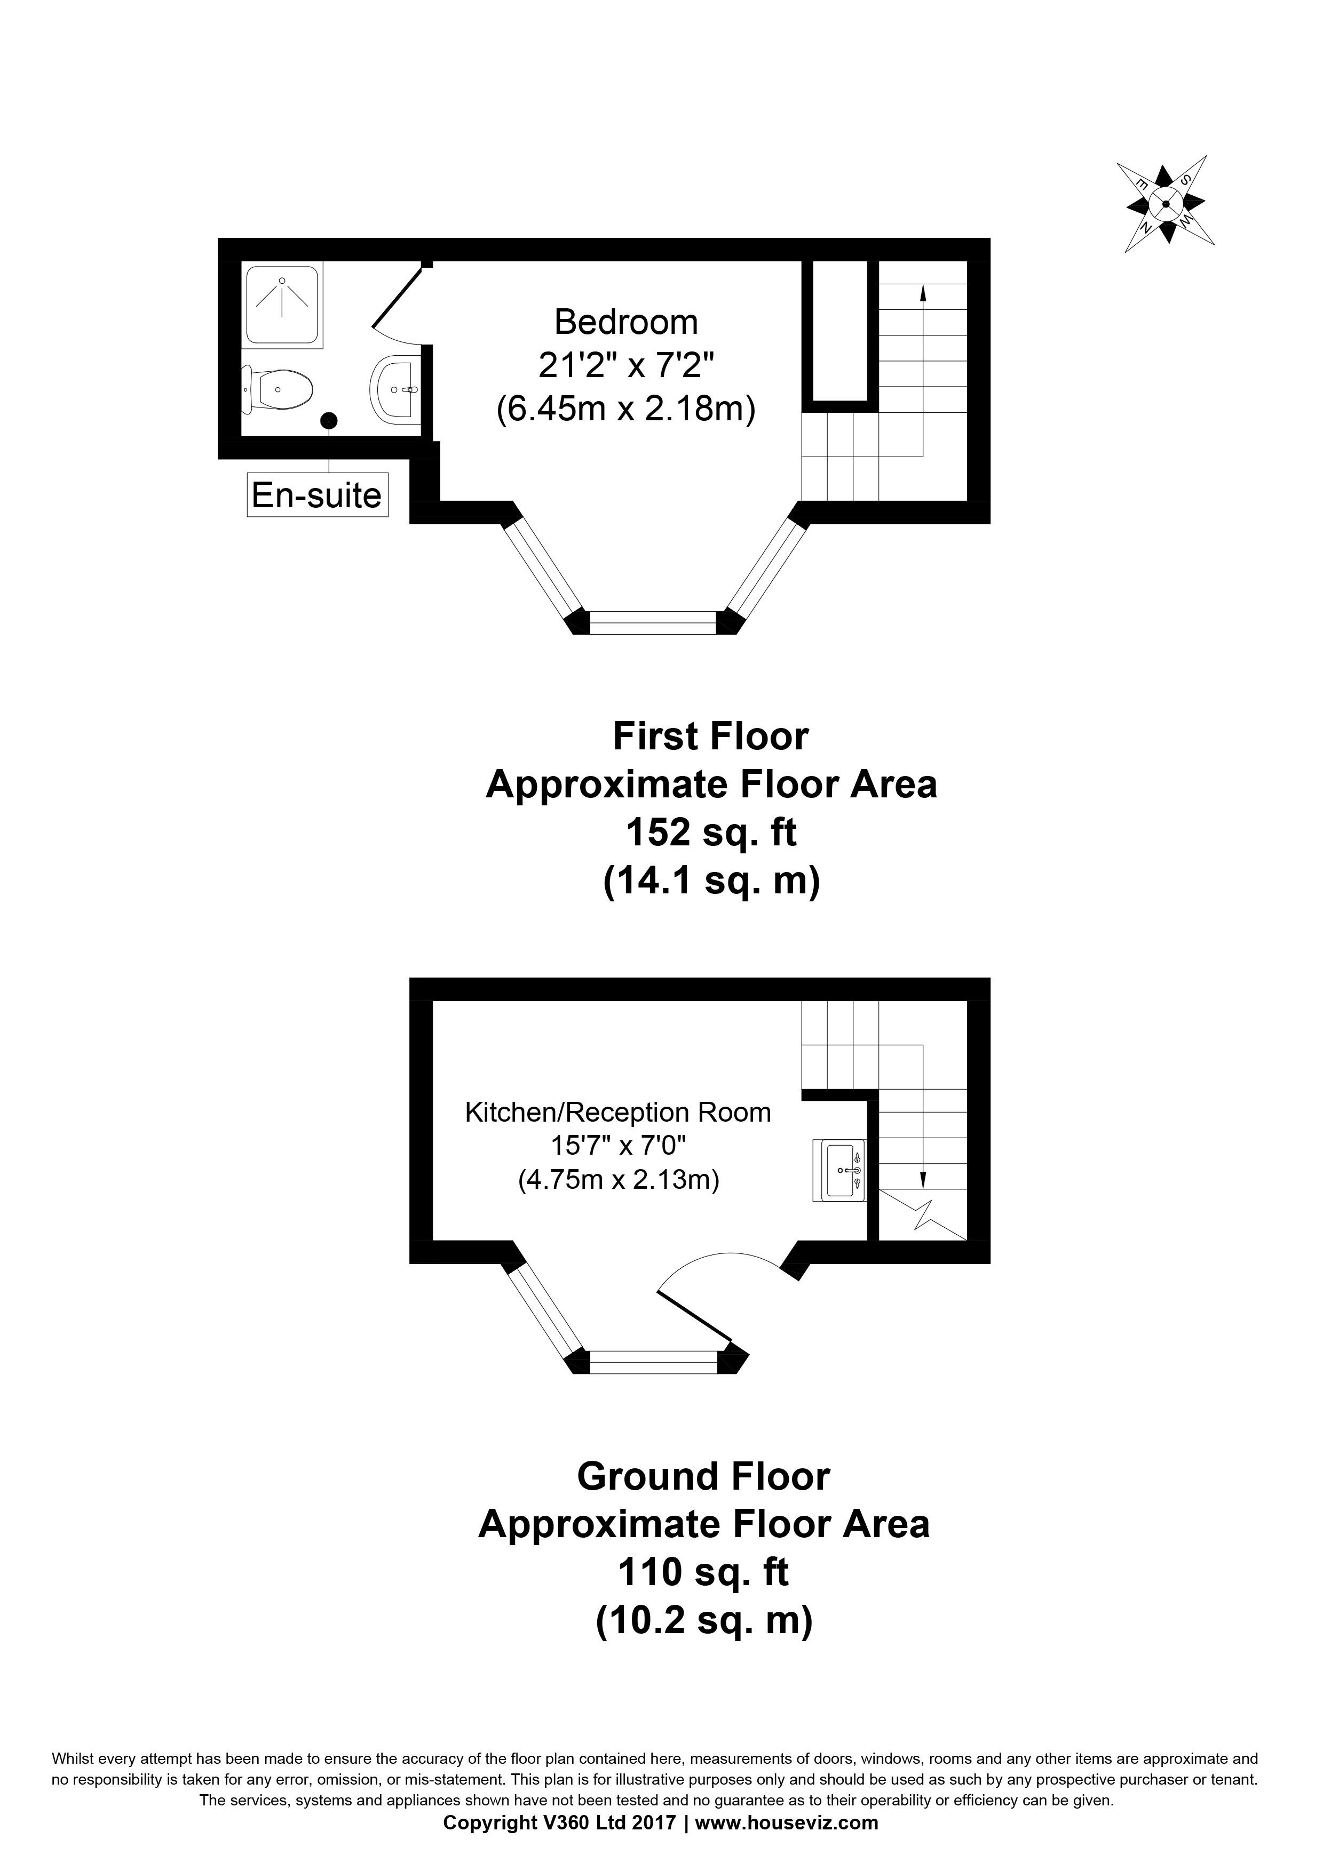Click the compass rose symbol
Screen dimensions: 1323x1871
1165,204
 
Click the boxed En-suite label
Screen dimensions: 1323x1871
317,495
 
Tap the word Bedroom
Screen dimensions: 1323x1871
626,323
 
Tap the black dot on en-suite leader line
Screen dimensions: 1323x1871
329,420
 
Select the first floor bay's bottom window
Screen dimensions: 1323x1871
653,622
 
